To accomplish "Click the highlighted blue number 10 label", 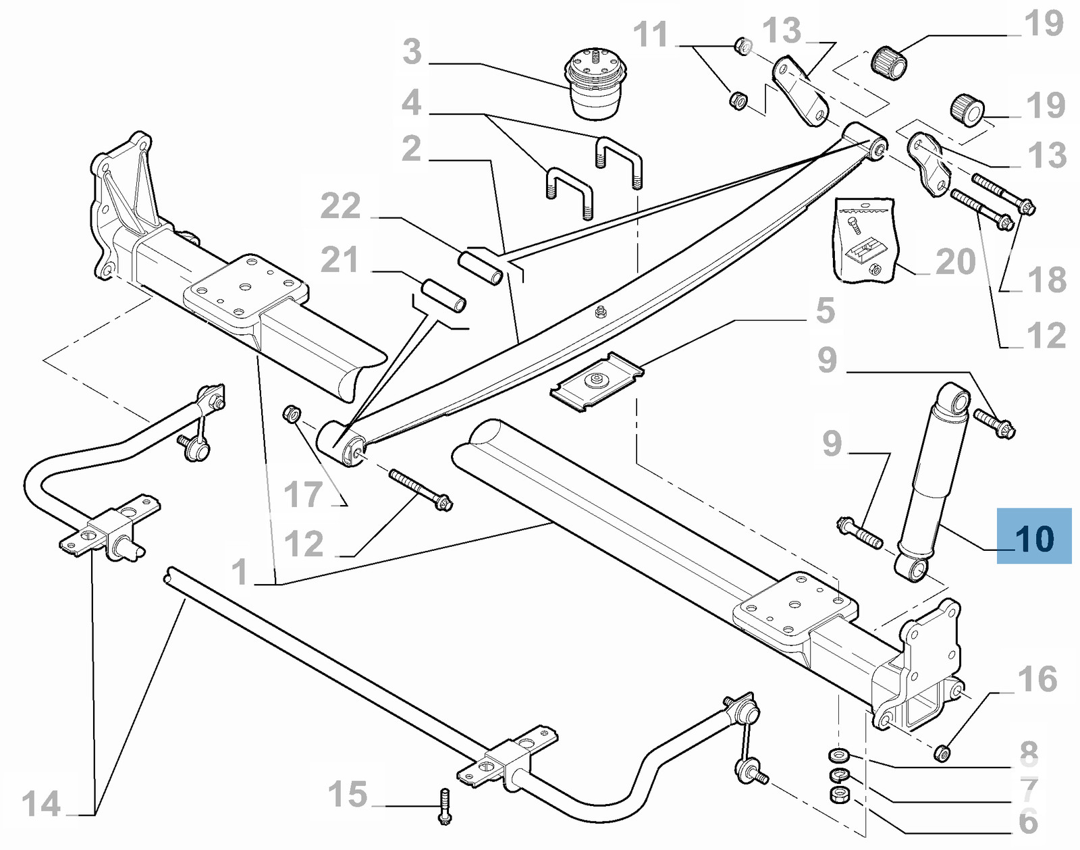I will point(1034,538).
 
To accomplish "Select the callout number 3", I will point(412,52).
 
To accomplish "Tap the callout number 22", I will point(340,206).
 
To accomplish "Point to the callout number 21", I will point(340,260).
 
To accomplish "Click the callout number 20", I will point(955,262).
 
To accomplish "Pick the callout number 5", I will point(825,311).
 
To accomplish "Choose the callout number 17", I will point(303,495).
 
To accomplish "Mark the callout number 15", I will point(348,795).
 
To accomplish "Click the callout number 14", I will point(41,804).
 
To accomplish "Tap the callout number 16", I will point(1037,679).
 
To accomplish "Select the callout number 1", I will point(240,572).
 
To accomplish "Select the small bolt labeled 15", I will point(444,806).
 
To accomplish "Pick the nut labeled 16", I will point(942,752).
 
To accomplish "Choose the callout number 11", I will point(651,35).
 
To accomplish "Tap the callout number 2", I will point(411,149).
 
